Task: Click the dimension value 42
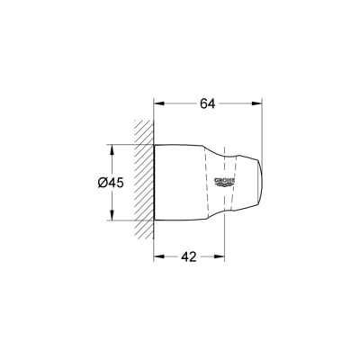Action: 187,257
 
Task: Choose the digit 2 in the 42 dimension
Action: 193,257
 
